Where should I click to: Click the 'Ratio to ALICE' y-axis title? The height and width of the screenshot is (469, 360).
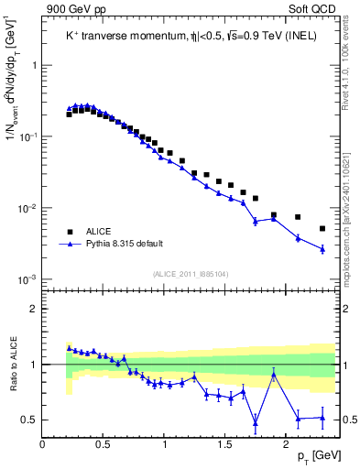pyautogui.click(x=12, y=365)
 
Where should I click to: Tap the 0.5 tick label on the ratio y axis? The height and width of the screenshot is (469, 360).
pyautogui.click(x=29, y=420)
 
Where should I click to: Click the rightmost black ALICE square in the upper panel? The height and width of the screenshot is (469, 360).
pyautogui.click(x=322, y=228)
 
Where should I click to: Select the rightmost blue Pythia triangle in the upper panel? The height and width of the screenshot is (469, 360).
pyautogui.click(x=322, y=248)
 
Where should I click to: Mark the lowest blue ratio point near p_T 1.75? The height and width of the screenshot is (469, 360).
pyautogui.click(x=256, y=423)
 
